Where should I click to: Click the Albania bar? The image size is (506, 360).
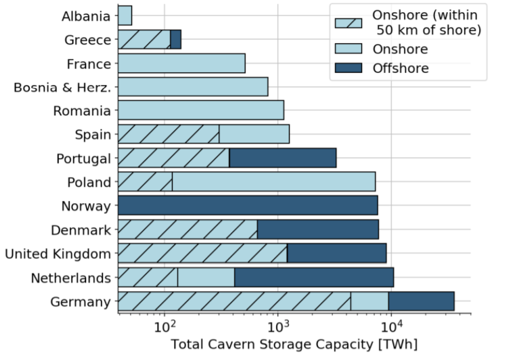click(125, 16)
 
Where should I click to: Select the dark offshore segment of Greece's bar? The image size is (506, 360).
click(176, 40)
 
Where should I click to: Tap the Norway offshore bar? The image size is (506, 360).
click(247, 205)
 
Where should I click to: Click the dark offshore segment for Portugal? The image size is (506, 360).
click(283, 158)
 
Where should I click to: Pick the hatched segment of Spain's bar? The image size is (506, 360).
click(168, 134)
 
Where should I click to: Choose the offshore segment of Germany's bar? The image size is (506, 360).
click(421, 301)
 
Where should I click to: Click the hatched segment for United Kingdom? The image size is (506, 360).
click(202, 254)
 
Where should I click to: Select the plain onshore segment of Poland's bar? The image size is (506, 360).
click(273, 182)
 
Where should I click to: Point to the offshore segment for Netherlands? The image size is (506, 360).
click(313, 277)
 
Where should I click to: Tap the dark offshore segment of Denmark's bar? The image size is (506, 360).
click(317, 230)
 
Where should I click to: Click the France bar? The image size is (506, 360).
click(181, 64)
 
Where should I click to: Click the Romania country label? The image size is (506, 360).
click(82, 111)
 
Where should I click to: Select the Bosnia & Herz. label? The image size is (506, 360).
click(62, 87)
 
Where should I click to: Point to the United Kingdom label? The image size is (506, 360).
click(58, 254)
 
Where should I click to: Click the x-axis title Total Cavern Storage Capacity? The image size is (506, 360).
click(294, 343)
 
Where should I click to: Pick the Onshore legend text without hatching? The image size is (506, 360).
click(400, 49)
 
